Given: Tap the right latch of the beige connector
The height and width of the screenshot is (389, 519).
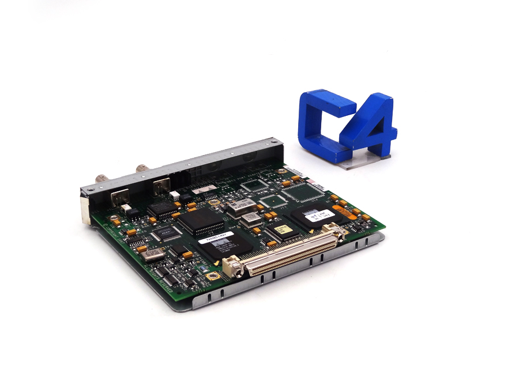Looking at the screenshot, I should [337, 232].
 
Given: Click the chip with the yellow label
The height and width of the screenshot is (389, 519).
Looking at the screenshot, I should [280, 230].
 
